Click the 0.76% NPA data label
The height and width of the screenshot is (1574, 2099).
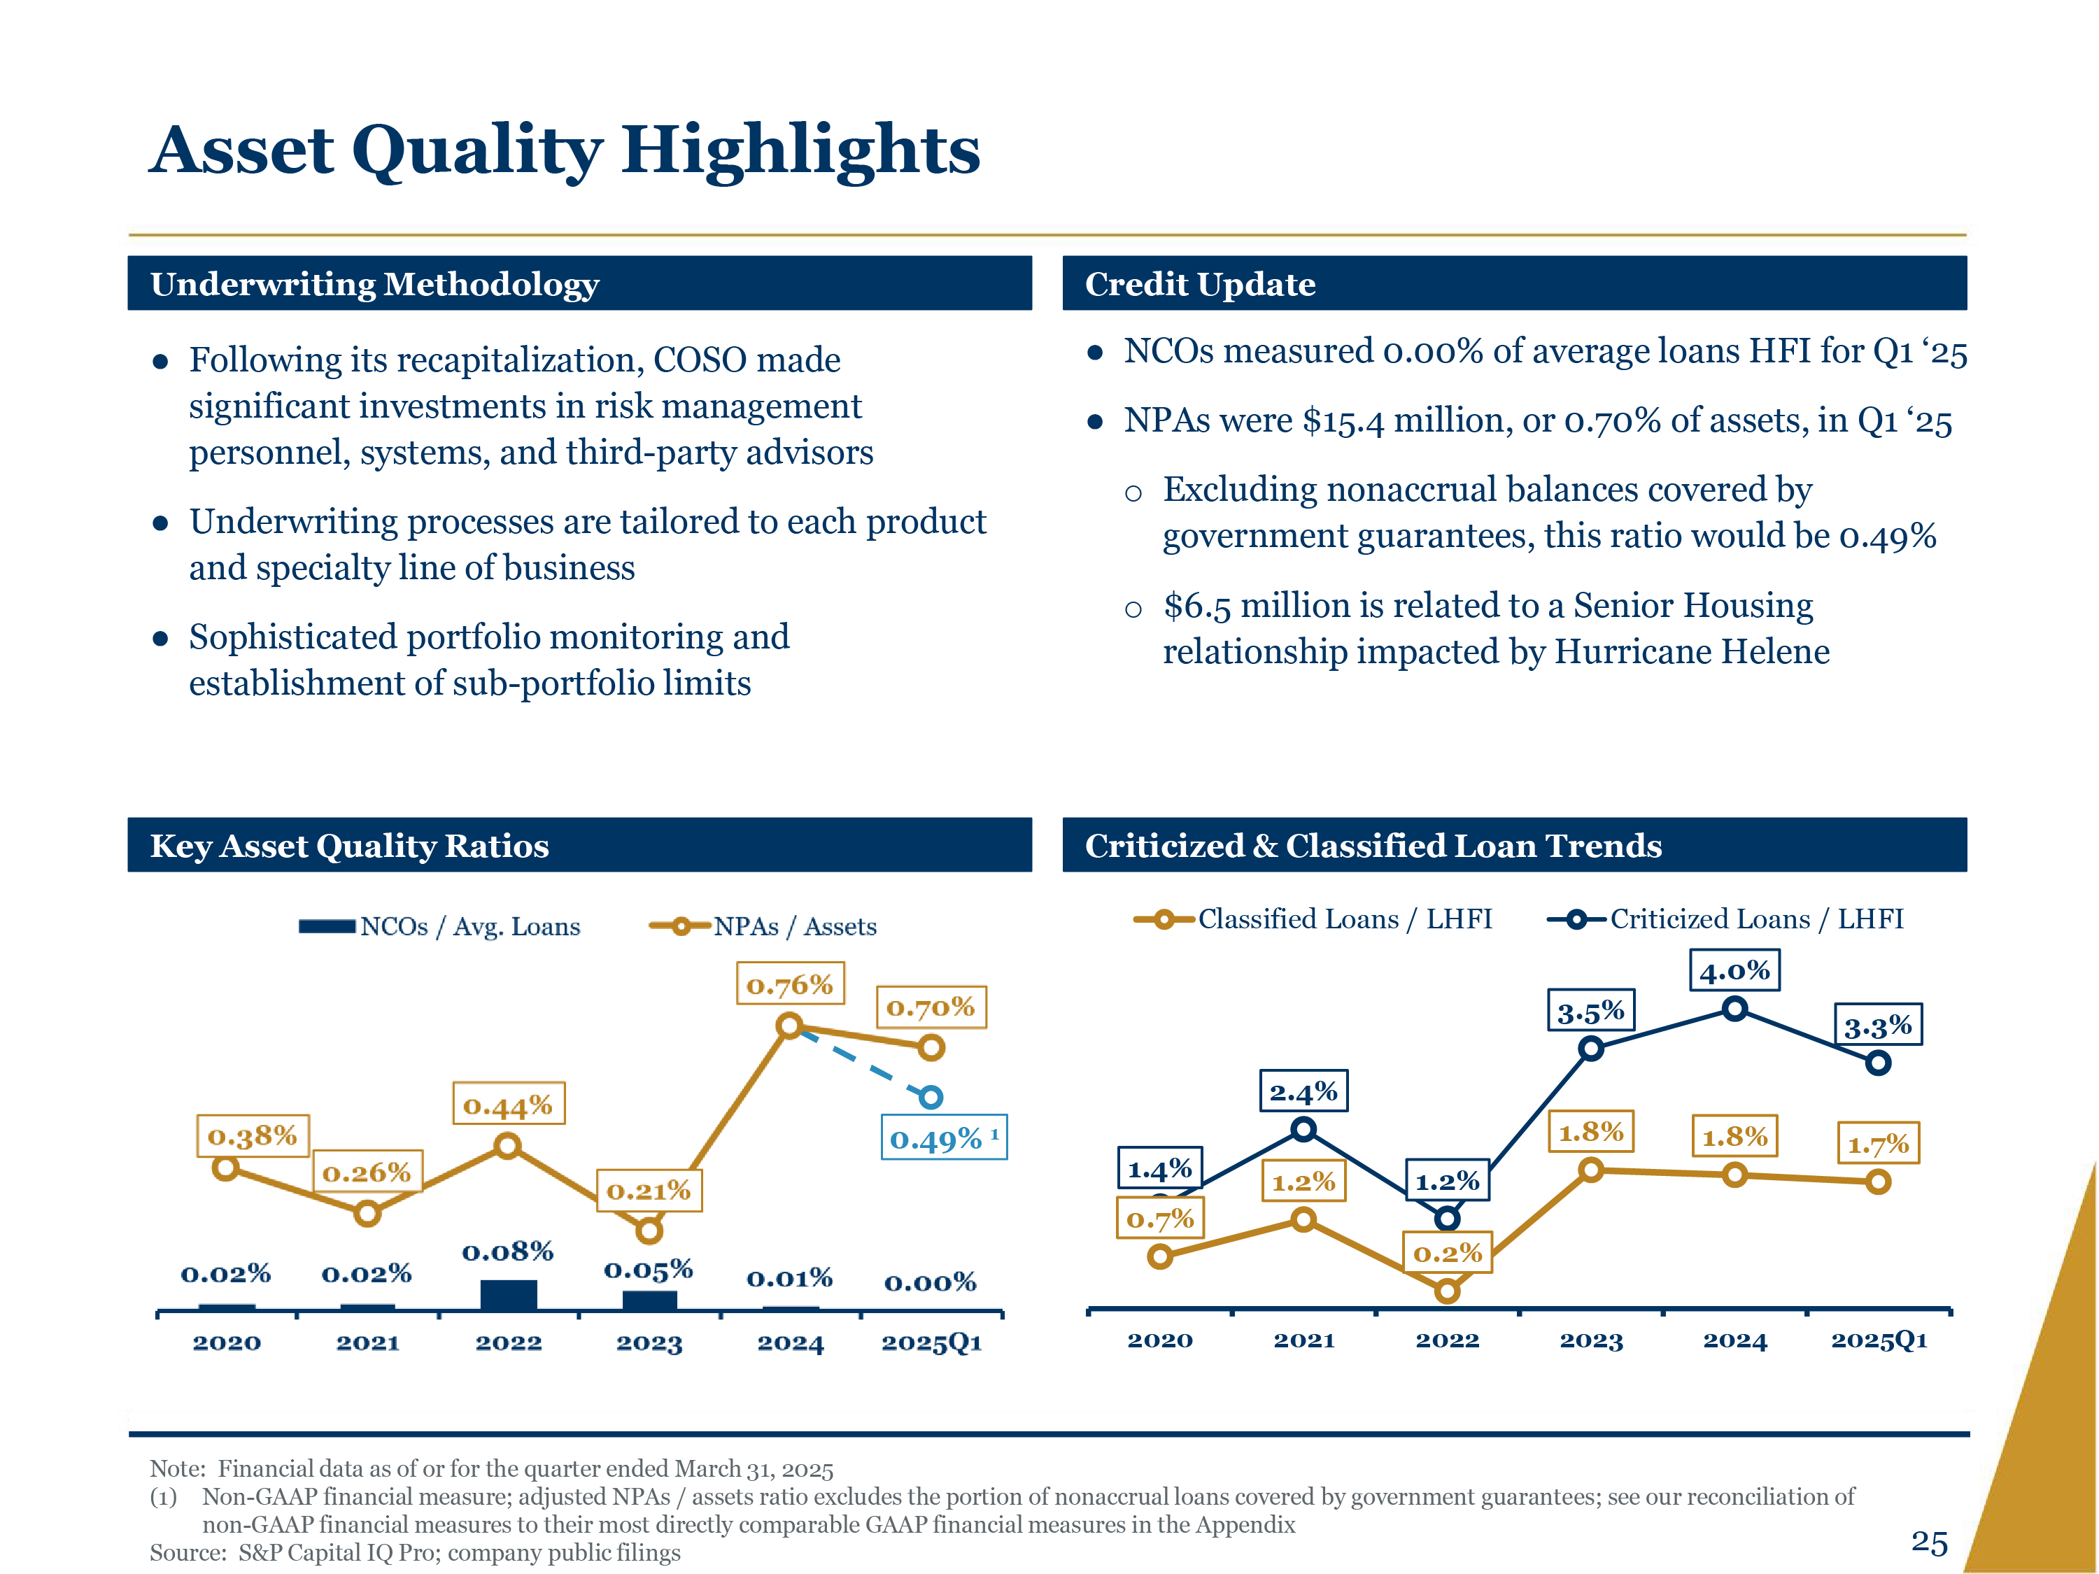coord(789,984)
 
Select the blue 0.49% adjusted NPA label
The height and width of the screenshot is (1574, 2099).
coord(943,1137)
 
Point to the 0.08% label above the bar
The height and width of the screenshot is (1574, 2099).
coord(508,1252)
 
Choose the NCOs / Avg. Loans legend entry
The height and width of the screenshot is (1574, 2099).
coord(439,926)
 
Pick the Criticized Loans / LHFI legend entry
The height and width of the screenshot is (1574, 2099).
coord(1725,919)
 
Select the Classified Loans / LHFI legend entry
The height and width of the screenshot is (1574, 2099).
coord(1313,919)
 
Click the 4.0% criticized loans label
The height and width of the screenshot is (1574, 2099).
coord(1734,970)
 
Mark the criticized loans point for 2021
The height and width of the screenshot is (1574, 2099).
coord(1303,1129)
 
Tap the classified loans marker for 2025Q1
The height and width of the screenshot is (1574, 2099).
coord(1878,1182)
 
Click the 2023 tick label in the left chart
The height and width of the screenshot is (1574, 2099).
coord(649,1342)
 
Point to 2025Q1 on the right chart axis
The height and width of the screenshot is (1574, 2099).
coord(1879,1340)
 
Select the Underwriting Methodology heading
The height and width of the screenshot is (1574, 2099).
coord(375,284)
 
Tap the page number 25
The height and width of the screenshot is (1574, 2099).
coord(1929,1542)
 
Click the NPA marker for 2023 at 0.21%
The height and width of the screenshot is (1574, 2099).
coord(649,1231)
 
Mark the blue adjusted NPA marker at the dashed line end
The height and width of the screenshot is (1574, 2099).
coord(931,1097)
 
